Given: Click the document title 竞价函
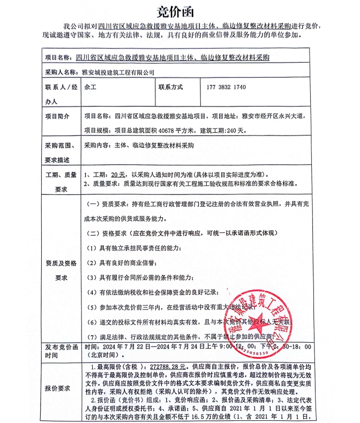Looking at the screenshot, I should click(179, 11).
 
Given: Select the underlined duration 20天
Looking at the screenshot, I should click(118, 175).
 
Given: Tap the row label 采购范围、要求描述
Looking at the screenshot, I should click(57, 153).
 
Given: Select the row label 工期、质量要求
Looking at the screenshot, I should click(57, 182).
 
